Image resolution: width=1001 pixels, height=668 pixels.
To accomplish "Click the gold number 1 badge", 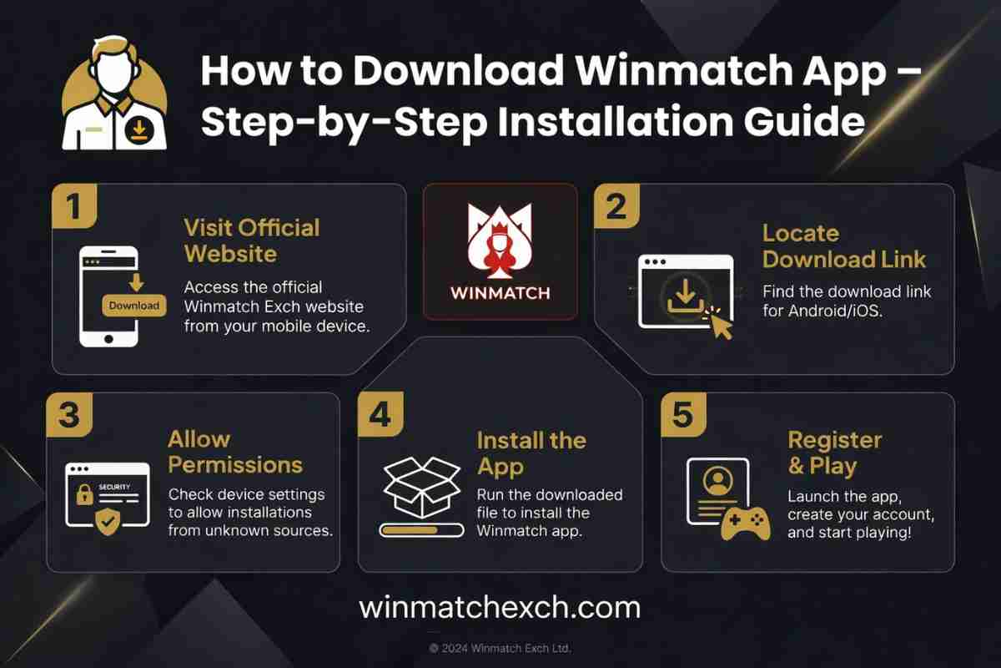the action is pyautogui.click(x=74, y=205).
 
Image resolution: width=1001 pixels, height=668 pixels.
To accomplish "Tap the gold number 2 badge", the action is pyautogui.click(x=616, y=205).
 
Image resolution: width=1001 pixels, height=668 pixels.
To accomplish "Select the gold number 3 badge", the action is pyautogui.click(x=69, y=415).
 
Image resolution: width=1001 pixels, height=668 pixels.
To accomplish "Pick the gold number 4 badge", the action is pyautogui.click(x=380, y=414).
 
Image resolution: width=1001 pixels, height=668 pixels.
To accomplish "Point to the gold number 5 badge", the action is pyautogui.click(x=684, y=415).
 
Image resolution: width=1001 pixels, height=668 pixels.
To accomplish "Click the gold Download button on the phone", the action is pyautogui.click(x=134, y=306).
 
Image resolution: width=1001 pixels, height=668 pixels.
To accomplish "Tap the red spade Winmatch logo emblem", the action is pyautogui.click(x=500, y=240).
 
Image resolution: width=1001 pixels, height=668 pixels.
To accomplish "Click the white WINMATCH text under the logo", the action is pyautogui.click(x=500, y=294).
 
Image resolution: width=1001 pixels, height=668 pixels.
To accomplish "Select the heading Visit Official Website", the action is pyautogui.click(x=252, y=240).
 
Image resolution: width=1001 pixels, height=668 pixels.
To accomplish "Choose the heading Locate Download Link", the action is pyautogui.click(x=844, y=246).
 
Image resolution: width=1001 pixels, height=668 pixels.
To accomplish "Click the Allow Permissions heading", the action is pyautogui.click(x=235, y=452).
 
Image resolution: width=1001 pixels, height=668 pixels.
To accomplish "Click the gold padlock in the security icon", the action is pyautogui.click(x=84, y=495).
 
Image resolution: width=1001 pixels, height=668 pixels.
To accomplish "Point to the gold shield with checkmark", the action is pyautogui.click(x=108, y=521).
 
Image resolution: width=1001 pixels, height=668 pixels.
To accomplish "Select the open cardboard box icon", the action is pyautogui.click(x=422, y=488).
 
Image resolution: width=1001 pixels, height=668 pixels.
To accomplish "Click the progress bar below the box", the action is pyautogui.click(x=421, y=530).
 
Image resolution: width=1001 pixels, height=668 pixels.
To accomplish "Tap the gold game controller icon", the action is pyautogui.click(x=746, y=524).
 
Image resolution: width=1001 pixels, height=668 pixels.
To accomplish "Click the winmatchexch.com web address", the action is pyautogui.click(x=500, y=608).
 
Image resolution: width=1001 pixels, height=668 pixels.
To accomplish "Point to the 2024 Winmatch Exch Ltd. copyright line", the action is pyautogui.click(x=500, y=648).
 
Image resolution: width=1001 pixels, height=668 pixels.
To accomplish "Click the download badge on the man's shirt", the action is pyautogui.click(x=139, y=131).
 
